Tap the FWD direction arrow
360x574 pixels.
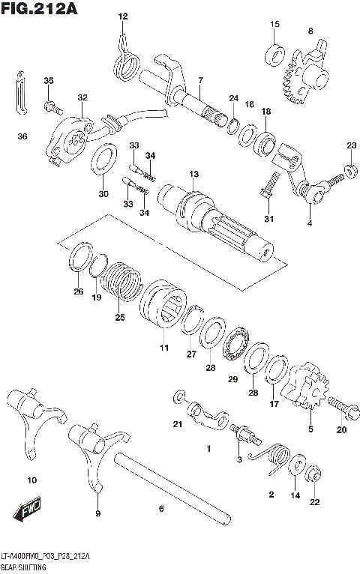[26, 513]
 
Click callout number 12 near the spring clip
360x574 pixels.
[123, 16]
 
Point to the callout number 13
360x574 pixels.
[193, 174]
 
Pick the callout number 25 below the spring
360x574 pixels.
[118, 318]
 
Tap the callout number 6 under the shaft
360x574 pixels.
[160, 509]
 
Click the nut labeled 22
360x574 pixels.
[316, 473]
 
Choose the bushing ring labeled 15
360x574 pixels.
[274, 54]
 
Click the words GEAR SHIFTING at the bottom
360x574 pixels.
[22, 569]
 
